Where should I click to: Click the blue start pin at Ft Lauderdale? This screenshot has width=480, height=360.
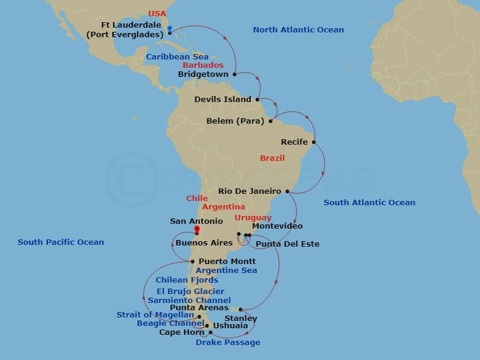click(x=170, y=29)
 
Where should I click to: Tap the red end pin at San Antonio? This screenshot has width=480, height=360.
click(x=196, y=229)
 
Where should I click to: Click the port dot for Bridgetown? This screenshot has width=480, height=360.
click(x=235, y=74)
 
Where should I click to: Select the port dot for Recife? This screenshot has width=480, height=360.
click(x=314, y=142)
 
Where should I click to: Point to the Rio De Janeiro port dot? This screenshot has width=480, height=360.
click(x=287, y=191)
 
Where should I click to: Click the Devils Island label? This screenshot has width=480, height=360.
click(x=223, y=99)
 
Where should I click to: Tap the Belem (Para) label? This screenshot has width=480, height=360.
click(x=235, y=121)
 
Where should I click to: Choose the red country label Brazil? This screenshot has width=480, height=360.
click(x=272, y=158)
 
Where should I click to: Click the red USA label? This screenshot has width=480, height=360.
click(x=157, y=13)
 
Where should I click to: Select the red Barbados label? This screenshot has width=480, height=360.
click(x=203, y=65)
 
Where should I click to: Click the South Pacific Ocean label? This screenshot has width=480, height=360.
click(x=61, y=242)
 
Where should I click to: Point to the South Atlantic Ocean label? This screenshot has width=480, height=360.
click(x=369, y=203)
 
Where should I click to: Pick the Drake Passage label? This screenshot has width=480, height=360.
click(x=228, y=343)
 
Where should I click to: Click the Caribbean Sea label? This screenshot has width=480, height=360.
click(x=178, y=56)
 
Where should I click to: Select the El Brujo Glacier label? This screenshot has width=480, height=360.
click(x=190, y=291)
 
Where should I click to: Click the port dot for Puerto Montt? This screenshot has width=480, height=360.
click(x=192, y=262)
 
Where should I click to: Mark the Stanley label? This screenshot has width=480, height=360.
click(x=241, y=318)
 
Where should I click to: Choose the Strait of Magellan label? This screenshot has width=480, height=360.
click(x=155, y=314)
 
